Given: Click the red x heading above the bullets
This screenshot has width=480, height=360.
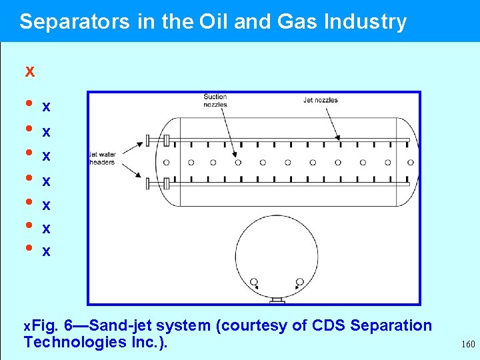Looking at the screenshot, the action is coord(29,71).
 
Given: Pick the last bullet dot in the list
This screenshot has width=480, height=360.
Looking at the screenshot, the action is coord(28,248).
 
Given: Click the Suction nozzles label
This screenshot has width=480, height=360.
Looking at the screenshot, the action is coord(215,101).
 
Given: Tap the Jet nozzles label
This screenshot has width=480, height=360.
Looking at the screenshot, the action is coord(320,101).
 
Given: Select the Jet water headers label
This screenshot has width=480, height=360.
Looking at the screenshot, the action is coord(102,158).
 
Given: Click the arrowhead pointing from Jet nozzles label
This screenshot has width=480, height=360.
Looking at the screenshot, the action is coord(338,138).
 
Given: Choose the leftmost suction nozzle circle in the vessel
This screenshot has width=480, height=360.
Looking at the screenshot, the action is coord(166,162).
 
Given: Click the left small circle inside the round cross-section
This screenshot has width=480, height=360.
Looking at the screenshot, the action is coord(254,282).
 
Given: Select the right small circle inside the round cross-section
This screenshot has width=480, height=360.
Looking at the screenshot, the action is coord(299,282).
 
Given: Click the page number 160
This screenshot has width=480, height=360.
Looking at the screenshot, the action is coord(468,345).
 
